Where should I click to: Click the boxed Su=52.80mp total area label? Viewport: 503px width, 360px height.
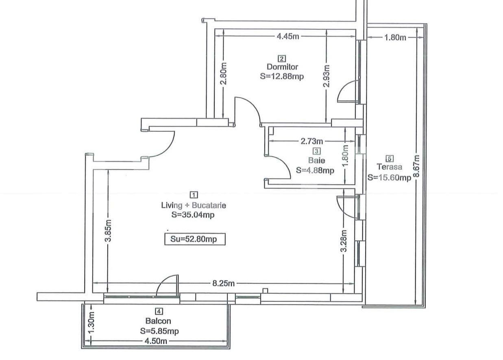(x=195, y=240)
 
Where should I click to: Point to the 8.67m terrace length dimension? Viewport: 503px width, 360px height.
(x=417, y=166)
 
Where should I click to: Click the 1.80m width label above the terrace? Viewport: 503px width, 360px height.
(x=395, y=38)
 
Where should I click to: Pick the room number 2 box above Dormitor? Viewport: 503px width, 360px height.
(x=282, y=58)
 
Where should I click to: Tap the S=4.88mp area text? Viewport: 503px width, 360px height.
(x=315, y=170)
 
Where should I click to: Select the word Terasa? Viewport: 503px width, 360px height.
(x=389, y=167)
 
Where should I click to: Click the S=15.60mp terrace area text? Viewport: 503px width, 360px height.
(x=389, y=177)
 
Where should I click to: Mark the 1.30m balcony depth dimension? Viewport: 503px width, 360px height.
(x=91, y=322)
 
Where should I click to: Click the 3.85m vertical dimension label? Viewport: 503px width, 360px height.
(x=108, y=231)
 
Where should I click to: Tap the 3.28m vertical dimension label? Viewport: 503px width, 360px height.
(x=344, y=241)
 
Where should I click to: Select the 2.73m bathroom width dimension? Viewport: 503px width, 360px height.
(x=312, y=142)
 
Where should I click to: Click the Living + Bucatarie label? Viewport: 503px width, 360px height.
(x=194, y=205)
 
